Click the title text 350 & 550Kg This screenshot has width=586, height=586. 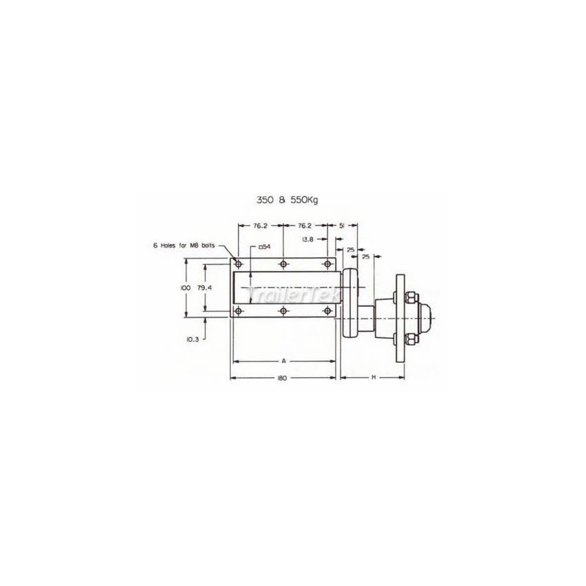coord(287,199)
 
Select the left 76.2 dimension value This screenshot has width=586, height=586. coord(260,225)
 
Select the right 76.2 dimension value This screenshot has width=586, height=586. coord(305,225)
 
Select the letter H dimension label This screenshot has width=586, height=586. coord(373,377)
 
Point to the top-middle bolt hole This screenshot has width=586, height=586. coord(283,264)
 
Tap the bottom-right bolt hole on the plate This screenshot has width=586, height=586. coord(328,312)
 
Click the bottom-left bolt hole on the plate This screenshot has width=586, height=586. coord(239,312)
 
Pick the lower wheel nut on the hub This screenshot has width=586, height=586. coord(410,339)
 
